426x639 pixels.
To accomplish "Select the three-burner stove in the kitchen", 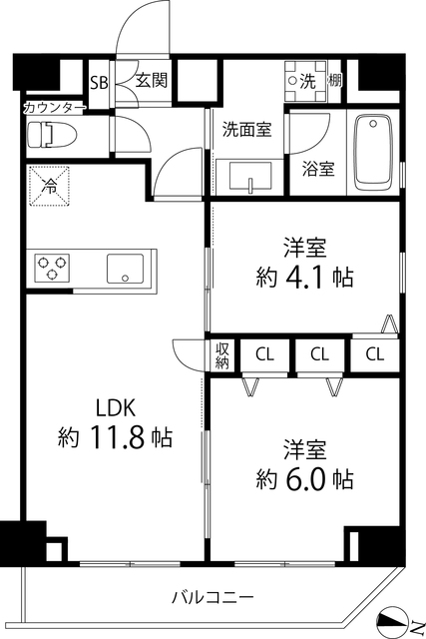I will [x=53, y=268].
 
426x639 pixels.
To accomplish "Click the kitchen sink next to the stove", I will [x=125, y=268].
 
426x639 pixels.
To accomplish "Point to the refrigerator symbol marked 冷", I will [x=48, y=184].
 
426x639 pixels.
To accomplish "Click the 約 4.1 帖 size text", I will [x=305, y=276].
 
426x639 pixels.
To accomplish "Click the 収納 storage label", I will [x=221, y=355].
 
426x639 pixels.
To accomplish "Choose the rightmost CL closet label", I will [x=375, y=353].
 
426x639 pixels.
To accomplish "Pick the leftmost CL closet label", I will [x=264, y=353].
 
